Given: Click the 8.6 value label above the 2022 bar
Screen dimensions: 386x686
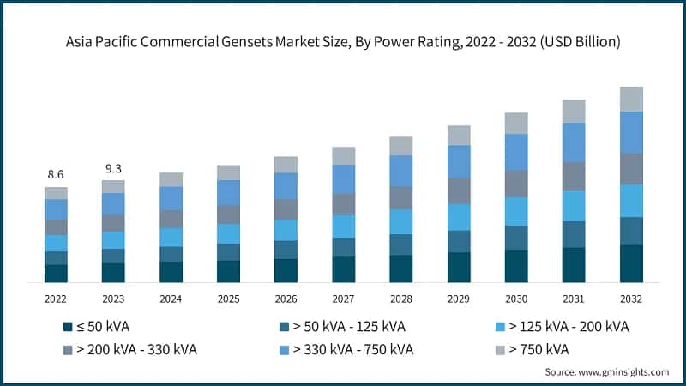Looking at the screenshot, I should point(56,174).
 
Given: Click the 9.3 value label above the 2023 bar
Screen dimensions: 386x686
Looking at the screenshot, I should point(113,168).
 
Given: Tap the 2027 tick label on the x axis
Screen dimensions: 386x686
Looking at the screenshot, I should point(343,298).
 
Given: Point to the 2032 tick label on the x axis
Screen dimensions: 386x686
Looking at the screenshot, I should point(630,298).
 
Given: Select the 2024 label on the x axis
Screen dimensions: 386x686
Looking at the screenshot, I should point(171,298).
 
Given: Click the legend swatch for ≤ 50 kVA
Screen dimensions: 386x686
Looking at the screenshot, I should point(68,327).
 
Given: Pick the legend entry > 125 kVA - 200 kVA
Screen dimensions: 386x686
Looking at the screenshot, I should point(565,327).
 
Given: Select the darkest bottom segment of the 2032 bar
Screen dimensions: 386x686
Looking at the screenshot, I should point(631,263).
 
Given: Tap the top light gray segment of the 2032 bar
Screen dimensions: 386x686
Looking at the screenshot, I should point(631,99).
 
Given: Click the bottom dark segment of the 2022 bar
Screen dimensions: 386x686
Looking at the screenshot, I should point(56,274).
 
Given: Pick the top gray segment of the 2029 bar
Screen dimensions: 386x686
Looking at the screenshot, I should point(459,135).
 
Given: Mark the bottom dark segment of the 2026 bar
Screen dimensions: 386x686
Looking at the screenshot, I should point(286,270).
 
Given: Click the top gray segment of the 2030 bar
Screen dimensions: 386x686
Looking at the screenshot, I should point(516,123).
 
